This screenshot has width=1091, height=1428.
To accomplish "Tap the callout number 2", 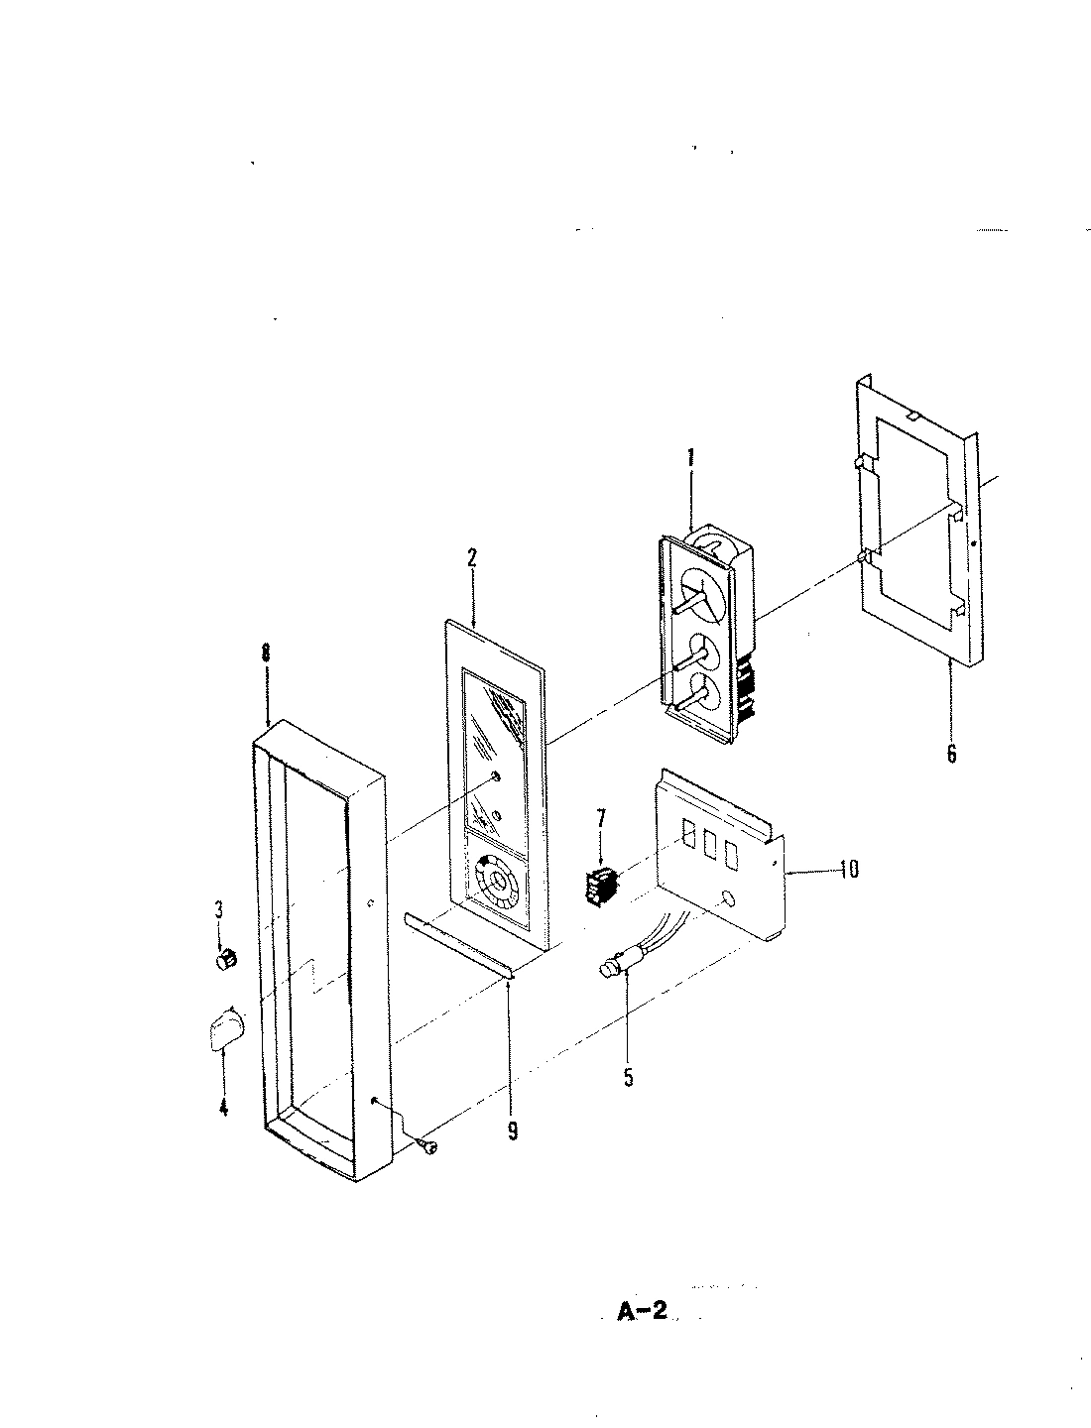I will pos(472,557).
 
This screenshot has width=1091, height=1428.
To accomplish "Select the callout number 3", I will pos(219,909).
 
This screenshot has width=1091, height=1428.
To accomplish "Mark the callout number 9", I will pos(513,1130).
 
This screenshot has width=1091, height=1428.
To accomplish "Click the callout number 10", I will pos(848,870).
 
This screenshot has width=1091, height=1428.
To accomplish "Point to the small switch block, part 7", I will pos(597,884).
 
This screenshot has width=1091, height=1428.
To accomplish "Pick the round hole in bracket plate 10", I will pos(730,898).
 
